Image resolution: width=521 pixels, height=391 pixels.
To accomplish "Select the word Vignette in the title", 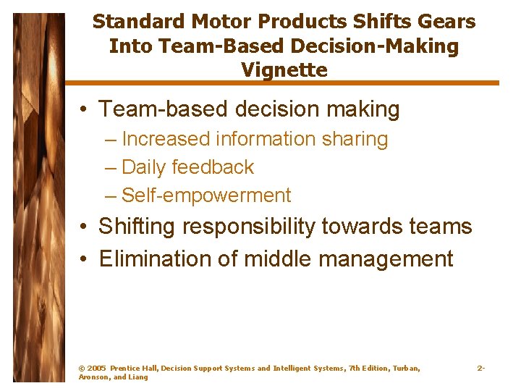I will pos(284,70).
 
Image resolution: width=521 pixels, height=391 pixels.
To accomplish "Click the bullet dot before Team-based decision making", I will pos(85,110).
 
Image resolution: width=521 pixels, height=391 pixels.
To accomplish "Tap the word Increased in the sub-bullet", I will pos(166,139).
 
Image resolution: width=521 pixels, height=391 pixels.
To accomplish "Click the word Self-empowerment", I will pos(206,195).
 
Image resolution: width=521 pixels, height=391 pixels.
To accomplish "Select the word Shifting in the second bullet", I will pos(137,227).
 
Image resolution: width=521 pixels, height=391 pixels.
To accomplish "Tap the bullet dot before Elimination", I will pos(85,258).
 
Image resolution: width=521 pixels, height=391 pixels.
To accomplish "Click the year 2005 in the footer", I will pos(97,369).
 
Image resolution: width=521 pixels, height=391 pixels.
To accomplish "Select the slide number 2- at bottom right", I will pos(480,369).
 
